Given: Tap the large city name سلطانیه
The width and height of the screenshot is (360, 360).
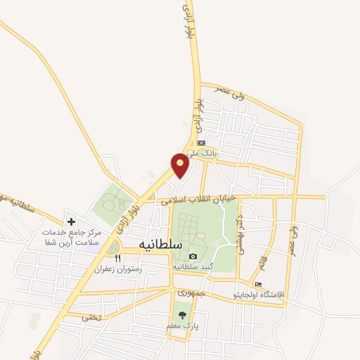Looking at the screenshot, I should [x=151, y=243].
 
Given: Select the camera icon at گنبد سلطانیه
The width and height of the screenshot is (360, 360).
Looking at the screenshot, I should [x=193, y=256].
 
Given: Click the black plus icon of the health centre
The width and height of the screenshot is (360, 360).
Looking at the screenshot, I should [x=71, y=221].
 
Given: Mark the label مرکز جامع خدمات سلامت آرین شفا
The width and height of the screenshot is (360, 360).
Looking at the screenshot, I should [x=71, y=237].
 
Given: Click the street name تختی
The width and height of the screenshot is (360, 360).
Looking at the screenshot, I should [x=92, y=317].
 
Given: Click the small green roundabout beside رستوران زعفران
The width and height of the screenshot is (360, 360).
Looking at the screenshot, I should [x=113, y=246].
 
